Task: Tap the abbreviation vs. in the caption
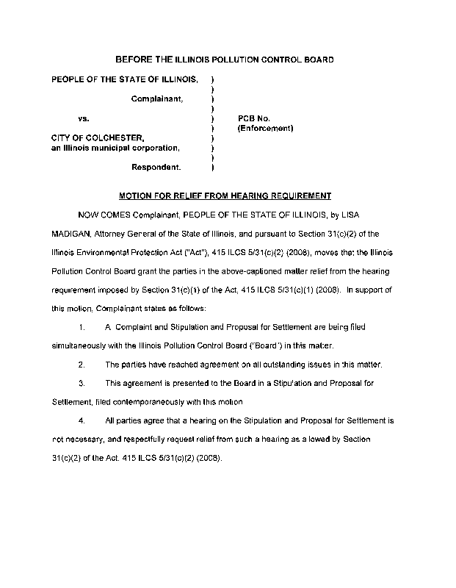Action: click(84, 118)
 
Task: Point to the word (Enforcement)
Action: click(265, 128)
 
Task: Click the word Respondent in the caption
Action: click(156, 167)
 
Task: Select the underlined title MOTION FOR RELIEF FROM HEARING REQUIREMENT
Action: click(225, 196)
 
